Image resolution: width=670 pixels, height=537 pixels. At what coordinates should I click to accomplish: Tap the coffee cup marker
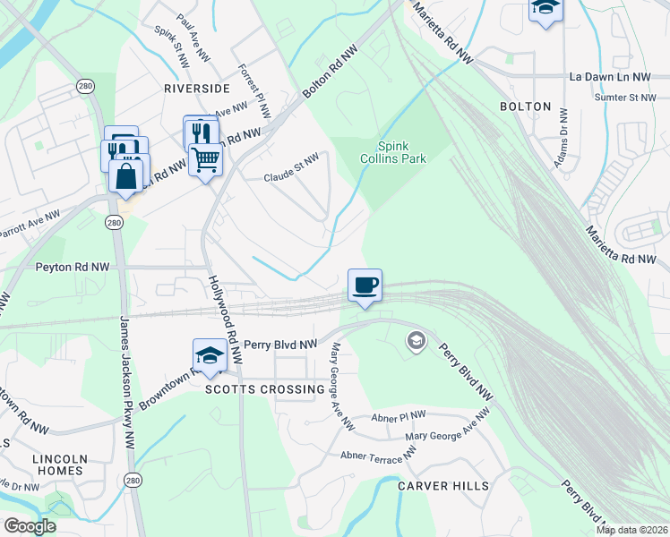pos(364,286)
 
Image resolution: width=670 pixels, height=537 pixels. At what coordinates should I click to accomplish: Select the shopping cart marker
pos(206,159)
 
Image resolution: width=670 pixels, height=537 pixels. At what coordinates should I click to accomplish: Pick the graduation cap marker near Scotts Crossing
pos(209,355)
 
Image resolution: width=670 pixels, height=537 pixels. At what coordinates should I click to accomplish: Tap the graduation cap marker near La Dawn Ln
pos(545,9)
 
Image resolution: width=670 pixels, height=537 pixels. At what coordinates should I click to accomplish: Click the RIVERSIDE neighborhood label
pos(197,88)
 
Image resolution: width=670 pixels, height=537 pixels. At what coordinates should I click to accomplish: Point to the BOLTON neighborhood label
pos(526,107)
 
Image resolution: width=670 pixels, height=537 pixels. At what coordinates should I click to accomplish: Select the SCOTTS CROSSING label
pos(264,389)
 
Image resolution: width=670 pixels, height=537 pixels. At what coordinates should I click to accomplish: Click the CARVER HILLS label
pos(444,485)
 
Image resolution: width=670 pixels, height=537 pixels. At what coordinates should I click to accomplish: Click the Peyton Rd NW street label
pos(73,267)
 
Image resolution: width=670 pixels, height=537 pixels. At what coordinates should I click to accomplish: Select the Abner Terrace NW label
pos(379,456)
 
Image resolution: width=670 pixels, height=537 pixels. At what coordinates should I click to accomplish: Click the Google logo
pos(30,526)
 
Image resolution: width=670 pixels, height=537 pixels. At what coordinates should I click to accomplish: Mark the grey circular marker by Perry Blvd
pos(416,340)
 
